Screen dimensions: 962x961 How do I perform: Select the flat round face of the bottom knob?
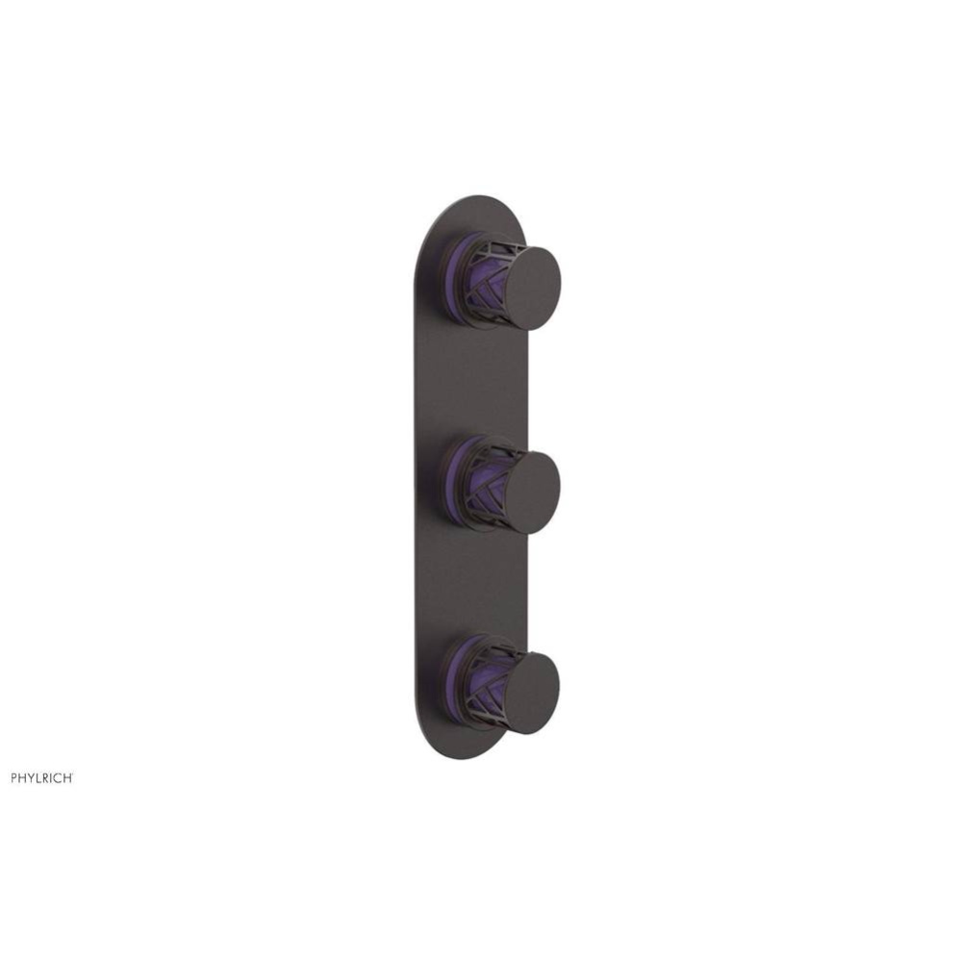pyautogui.click(x=530, y=693)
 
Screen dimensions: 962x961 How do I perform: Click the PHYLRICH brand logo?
pyautogui.click(x=40, y=778)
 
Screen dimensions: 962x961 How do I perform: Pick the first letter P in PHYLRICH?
pyautogui.click(x=14, y=778)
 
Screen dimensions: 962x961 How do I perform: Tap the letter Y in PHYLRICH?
pyautogui.click(x=33, y=778)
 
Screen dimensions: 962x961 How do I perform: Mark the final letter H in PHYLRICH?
pyautogui.click(x=65, y=778)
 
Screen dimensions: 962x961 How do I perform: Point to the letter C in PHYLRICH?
pyautogui.click(x=58, y=778)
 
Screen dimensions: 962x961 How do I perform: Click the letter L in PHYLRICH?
pyautogui.click(x=40, y=778)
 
